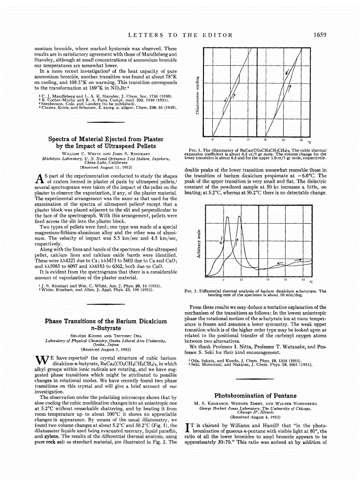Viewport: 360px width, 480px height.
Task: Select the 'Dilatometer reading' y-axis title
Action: pyautogui.click(x=198, y=94)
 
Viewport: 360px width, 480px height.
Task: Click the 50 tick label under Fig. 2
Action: pyautogui.click(x=285, y=280)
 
